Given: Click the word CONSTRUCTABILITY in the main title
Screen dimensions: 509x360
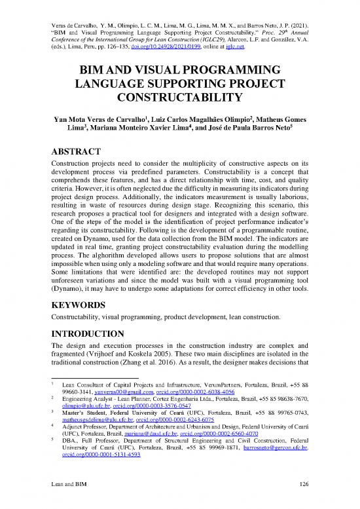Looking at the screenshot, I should coord(180,98).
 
